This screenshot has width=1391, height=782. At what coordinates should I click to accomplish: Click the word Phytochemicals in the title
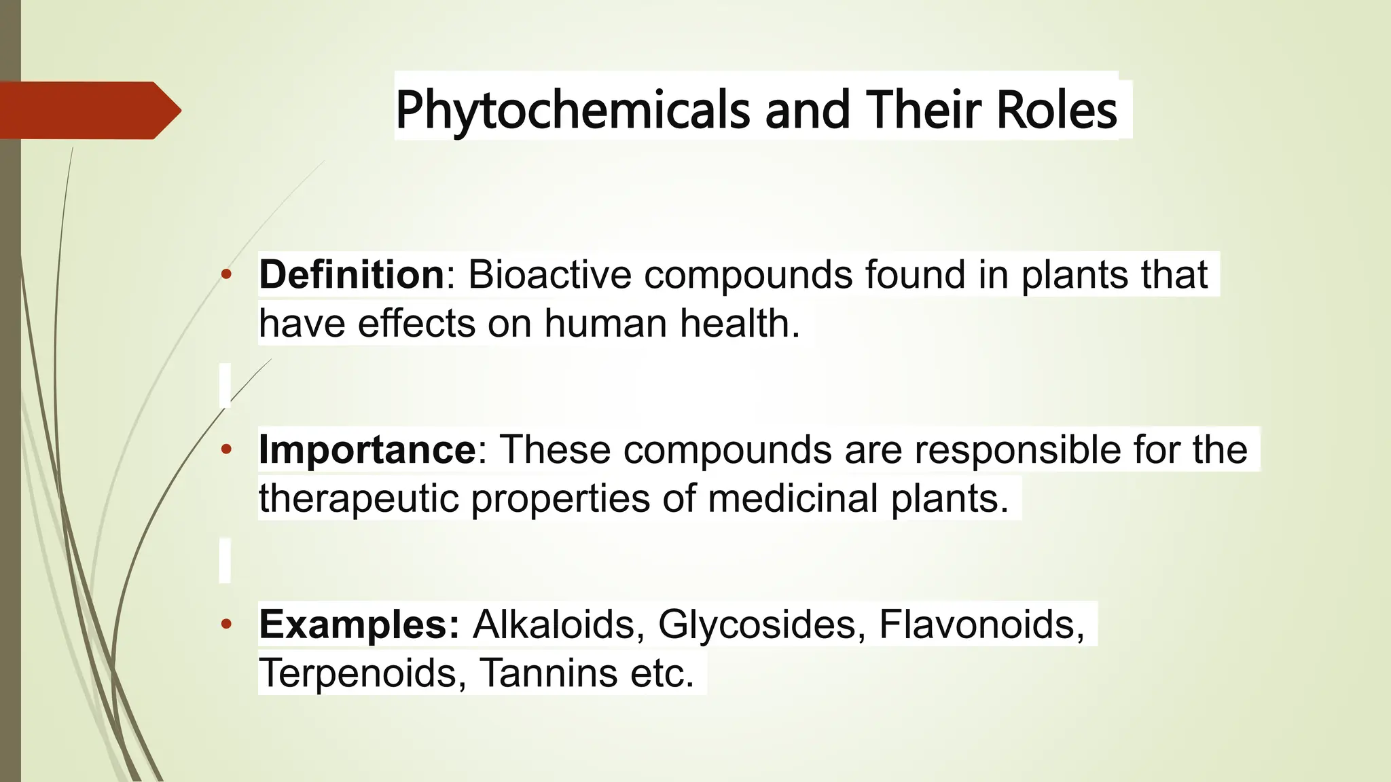point(573,111)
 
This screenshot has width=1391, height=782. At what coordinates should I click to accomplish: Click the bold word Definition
point(352,275)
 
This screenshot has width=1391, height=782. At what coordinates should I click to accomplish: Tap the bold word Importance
point(367,449)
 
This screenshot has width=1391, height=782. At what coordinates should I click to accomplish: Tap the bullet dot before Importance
point(227,449)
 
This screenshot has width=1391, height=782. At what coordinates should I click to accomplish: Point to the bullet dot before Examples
point(227,625)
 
